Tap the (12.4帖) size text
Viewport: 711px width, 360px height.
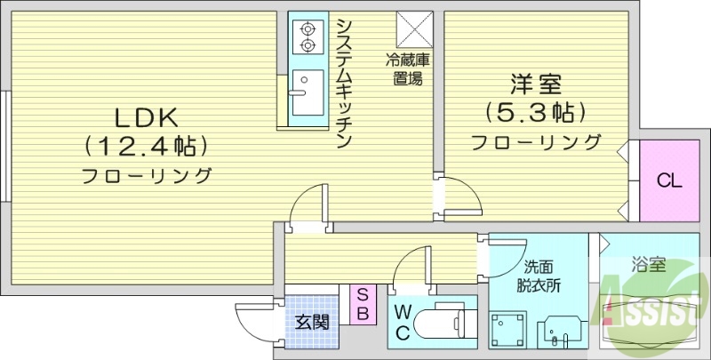[x=147, y=144]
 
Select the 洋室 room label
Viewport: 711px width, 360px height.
[x=535, y=86]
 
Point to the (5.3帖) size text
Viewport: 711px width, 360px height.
[x=535, y=113]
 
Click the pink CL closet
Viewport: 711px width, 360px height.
[x=668, y=181]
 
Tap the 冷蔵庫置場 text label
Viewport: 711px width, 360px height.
[x=408, y=69]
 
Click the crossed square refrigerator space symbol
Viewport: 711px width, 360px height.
[x=414, y=29]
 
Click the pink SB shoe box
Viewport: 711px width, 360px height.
[x=363, y=304]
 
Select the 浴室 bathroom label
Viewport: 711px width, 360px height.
[x=649, y=264]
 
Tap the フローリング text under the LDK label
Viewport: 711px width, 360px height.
[x=147, y=175]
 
